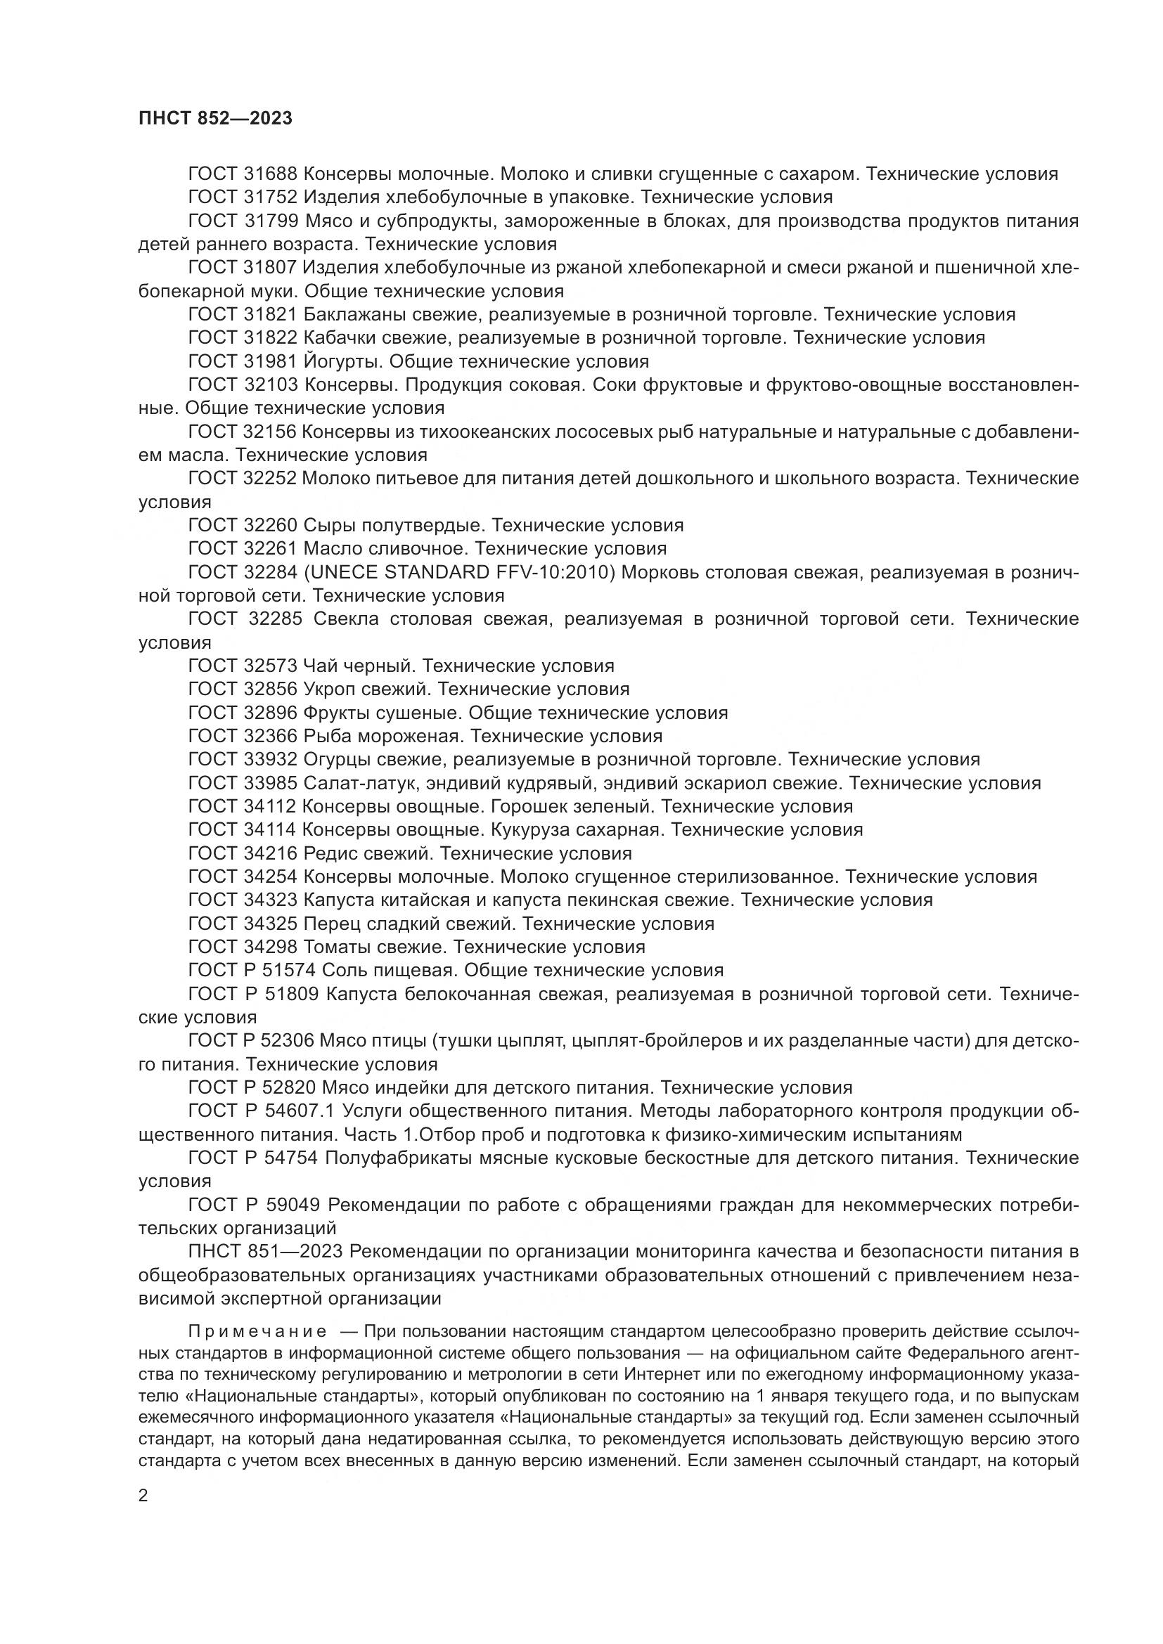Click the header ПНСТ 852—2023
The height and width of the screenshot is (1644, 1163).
pyautogui.click(x=216, y=119)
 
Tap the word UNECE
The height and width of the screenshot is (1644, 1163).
pyautogui.click(x=342, y=572)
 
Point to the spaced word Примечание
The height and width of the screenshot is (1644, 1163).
pyautogui.click(x=257, y=1331)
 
